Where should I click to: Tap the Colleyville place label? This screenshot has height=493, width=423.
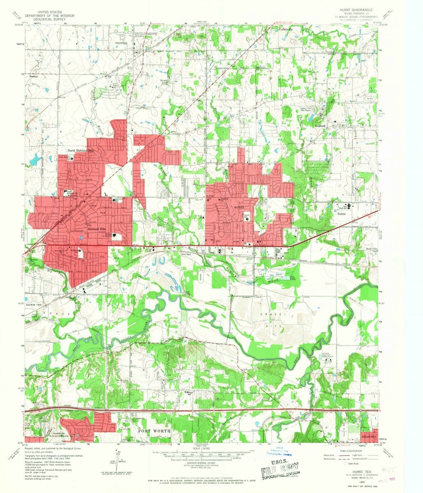[x=286, y=30]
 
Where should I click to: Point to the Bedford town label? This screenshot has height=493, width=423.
[x=320, y=125]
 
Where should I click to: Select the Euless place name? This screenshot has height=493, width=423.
[x=342, y=214]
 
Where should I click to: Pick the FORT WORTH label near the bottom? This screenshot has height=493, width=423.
[x=154, y=431]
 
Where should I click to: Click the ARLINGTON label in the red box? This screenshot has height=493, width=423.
[x=368, y=436]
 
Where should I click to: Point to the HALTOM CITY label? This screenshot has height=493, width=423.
[x=34, y=305]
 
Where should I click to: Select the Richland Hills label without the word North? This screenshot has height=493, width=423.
[x=97, y=228]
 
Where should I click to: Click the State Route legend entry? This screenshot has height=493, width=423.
[x=354, y=463]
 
